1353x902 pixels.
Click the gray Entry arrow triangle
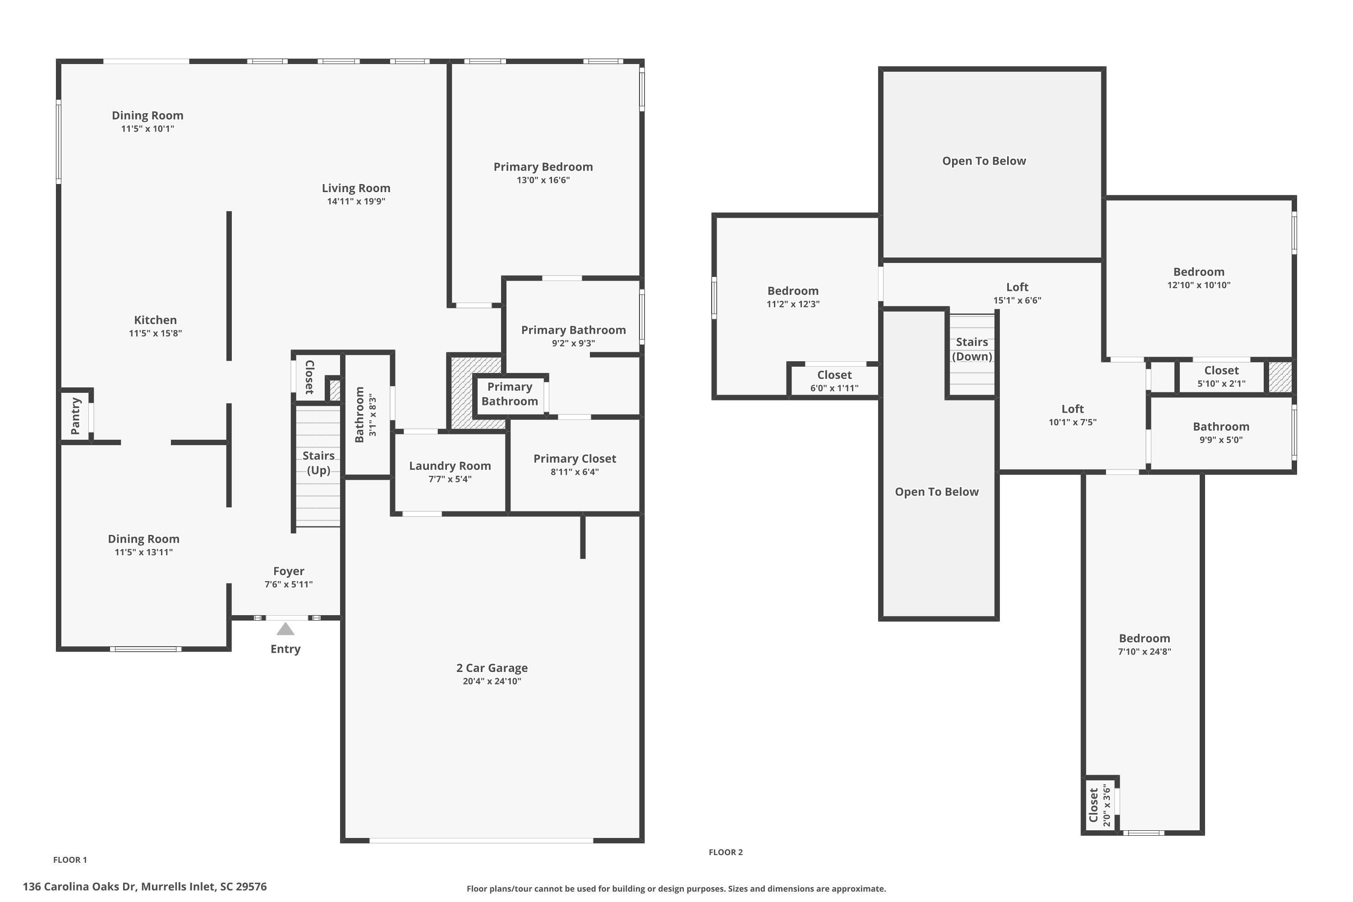point(285,629)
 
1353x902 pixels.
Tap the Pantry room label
point(75,416)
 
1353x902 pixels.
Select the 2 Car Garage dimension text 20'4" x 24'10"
point(492,681)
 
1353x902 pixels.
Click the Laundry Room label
point(450,466)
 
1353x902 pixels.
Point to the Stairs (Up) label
point(318,463)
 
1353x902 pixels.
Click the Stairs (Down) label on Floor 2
point(972,349)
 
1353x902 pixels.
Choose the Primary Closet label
point(575,459)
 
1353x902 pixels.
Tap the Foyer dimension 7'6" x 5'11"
point(289,584)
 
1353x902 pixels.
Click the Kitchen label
point(155,320)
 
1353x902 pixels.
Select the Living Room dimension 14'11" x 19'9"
point(356,201)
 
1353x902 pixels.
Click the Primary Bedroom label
point(543,167)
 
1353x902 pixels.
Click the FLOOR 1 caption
point(70,860)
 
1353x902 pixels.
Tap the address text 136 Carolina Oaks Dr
point(79,887)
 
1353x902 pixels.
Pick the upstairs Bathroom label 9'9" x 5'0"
point(1221,433)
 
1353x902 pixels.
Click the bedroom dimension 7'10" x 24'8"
point(1144,652)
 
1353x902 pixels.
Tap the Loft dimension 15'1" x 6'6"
point(1017,300)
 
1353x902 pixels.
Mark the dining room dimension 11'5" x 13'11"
point(144,552)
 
